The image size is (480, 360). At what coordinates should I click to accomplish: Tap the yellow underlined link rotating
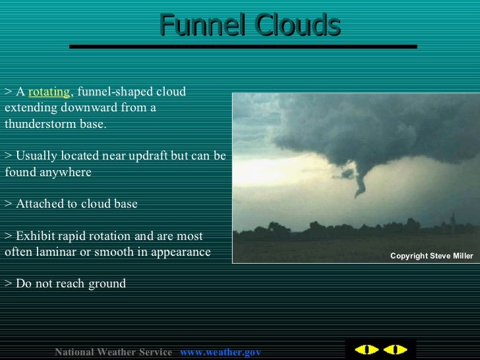[48, 92]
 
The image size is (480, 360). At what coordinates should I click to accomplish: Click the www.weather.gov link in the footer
[220, 353]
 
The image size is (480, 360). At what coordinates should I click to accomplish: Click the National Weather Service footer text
[113, 353]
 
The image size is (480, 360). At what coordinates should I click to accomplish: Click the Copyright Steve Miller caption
[431, 256]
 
